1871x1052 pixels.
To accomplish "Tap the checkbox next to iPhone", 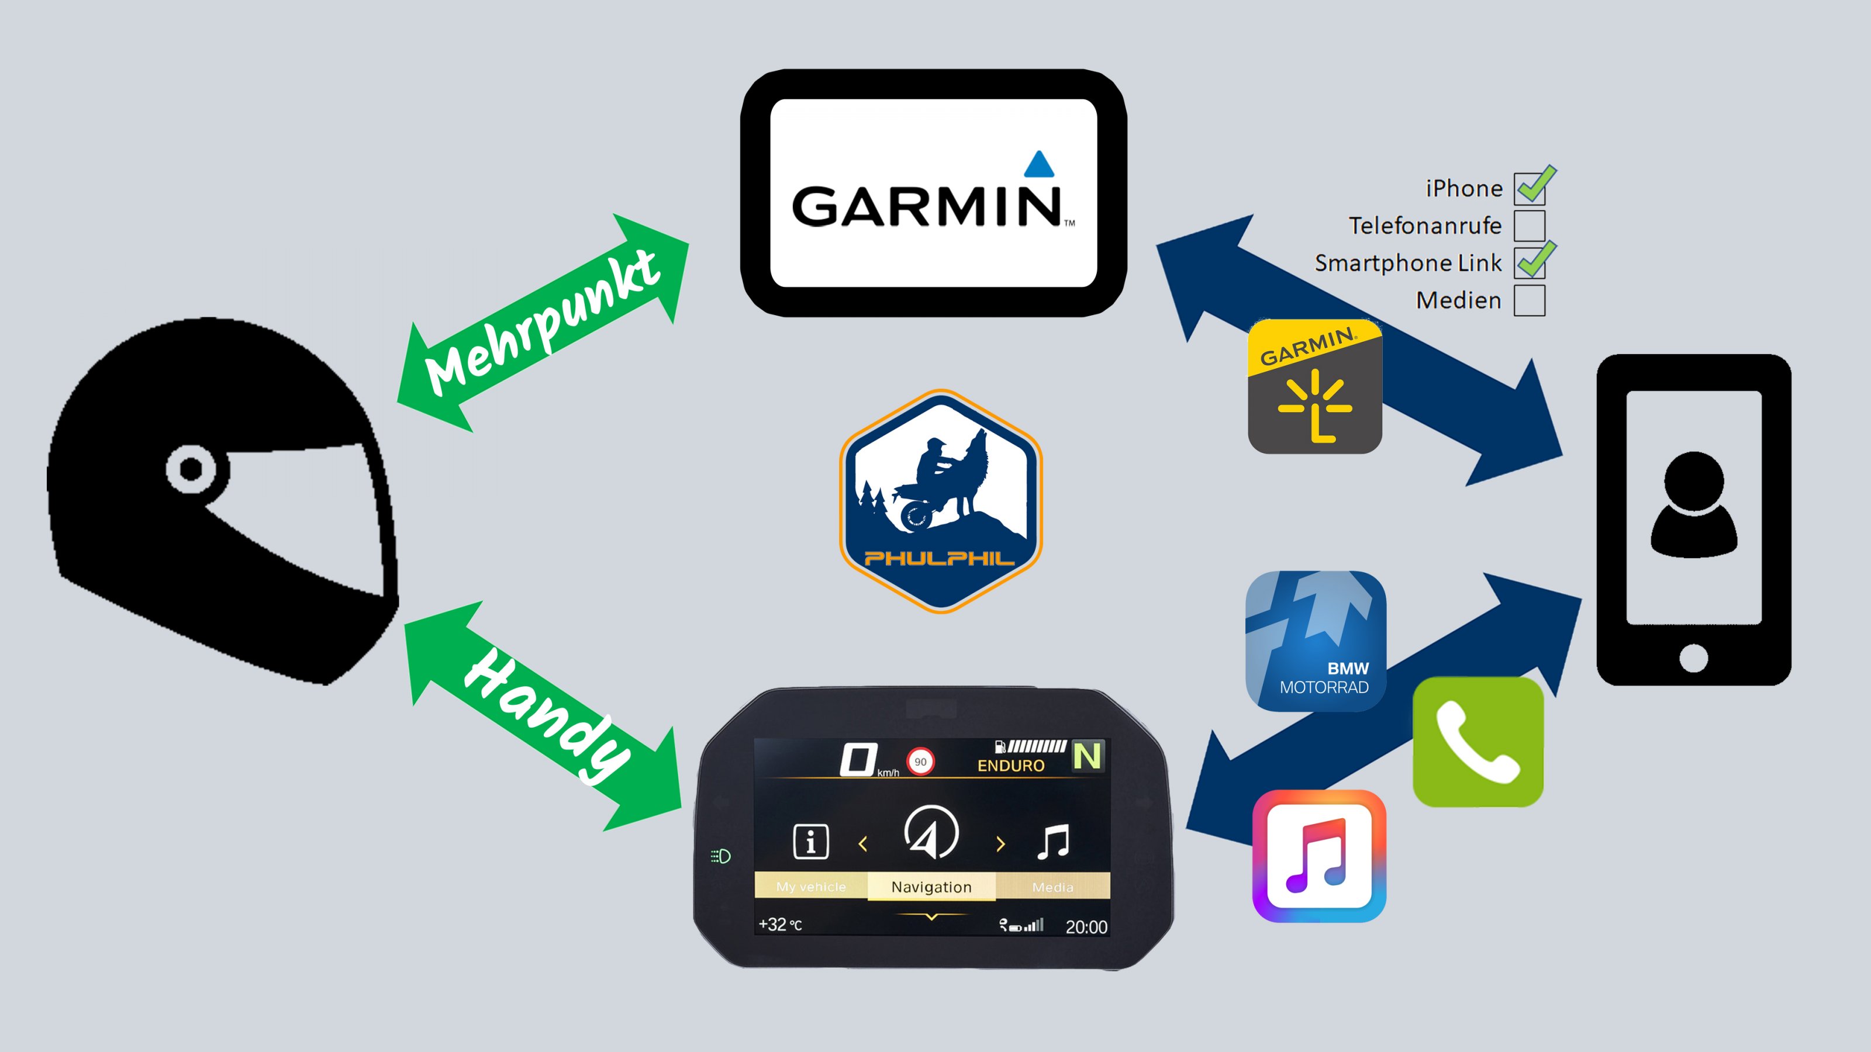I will pyautogui.click(x=1530, y=189).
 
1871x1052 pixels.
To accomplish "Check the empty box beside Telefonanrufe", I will pyautogui.click(x=1530, y=226).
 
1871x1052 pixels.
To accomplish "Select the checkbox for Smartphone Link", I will pyautogui.click(x=1530, y=263).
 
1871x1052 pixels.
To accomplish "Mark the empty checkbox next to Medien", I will pyautogui.click(x=1530, y=300).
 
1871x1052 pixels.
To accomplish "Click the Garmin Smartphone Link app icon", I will pyautogui.click(x=1314, y=387).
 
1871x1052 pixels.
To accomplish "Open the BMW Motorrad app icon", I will pyautogui.click(x=1316, y=641).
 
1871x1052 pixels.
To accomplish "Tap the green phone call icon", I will pyautogui.click(x=1478, y=742).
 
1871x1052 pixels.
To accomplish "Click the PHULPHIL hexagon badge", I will pyautogui.click(x=941, y=501).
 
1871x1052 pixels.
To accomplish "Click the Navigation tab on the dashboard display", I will pyautogui.click(x=931, y=887).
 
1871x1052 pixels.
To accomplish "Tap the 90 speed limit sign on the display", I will pyautogui.click(x=920, y=762).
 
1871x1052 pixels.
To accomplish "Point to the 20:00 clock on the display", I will pyautogui.click(x=1086, y=927).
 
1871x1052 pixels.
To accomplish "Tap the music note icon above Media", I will pyautogui.click(x=1053, y=842).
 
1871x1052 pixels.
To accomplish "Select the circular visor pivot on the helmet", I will pyautogui.click(x=191, y=469).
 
